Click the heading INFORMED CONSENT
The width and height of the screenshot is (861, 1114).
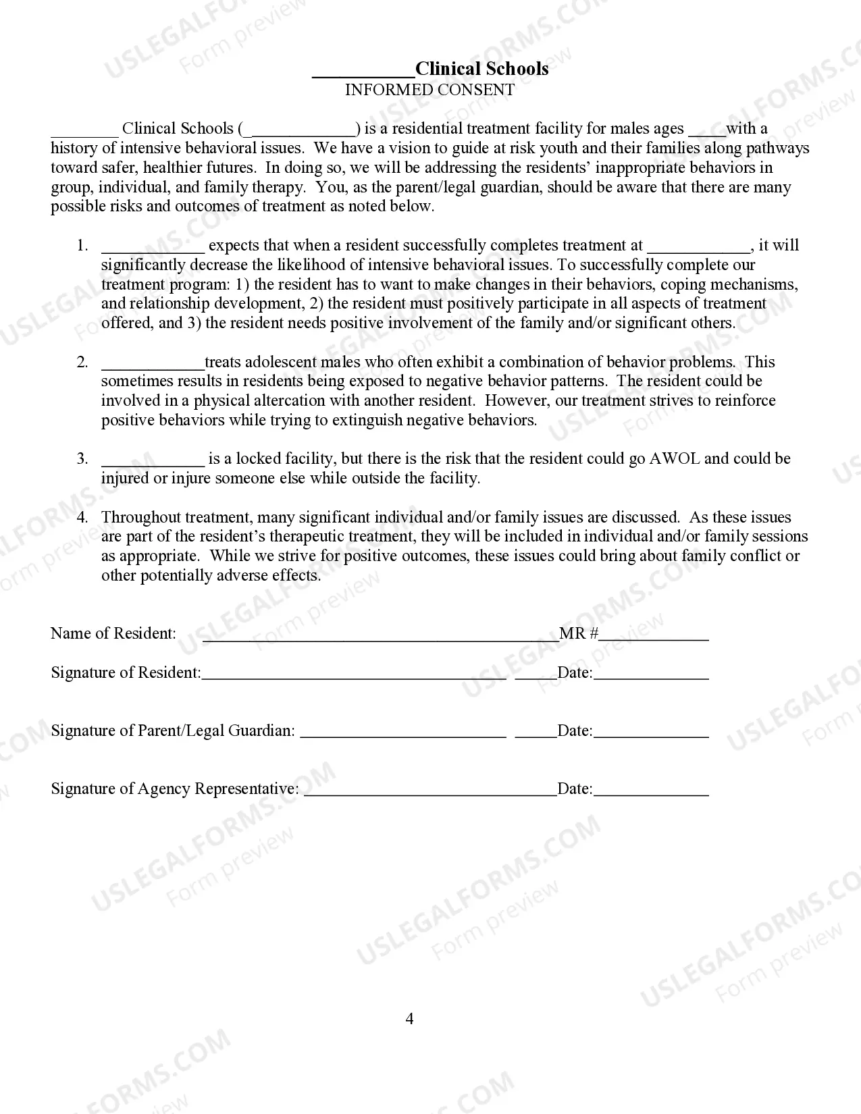pos(429,90)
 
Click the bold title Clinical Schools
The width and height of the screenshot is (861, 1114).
pos(481,69)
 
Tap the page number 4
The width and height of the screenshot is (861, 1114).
pos(409,1018)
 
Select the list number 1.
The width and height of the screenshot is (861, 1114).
pos(82,245)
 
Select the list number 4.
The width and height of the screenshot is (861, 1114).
pos(82,517)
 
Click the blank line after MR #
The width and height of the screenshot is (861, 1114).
pos(654,634)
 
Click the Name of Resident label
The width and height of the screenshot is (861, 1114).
pos(113,633)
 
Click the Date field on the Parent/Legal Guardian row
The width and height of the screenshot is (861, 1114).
pos(651,731)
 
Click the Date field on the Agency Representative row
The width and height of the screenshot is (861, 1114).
pos(651,789)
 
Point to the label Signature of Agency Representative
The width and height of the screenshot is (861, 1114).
pos(174,789)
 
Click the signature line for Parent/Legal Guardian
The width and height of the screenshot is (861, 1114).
pos(402,731)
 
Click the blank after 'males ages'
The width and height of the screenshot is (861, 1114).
pos(706,130)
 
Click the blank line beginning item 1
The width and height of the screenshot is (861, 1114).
pos(153,246)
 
